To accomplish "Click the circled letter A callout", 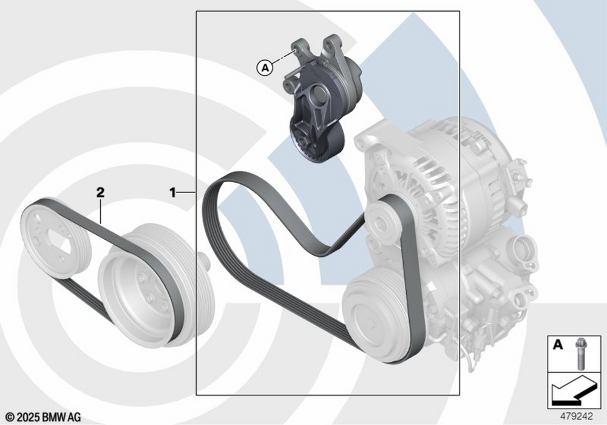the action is (265, 68).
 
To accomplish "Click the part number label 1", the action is (172, 192).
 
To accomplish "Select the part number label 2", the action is (100, 192).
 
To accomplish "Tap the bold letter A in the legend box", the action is (557, 344).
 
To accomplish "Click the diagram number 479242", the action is (577, 416).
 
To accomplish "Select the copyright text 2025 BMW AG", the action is (43, 417).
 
